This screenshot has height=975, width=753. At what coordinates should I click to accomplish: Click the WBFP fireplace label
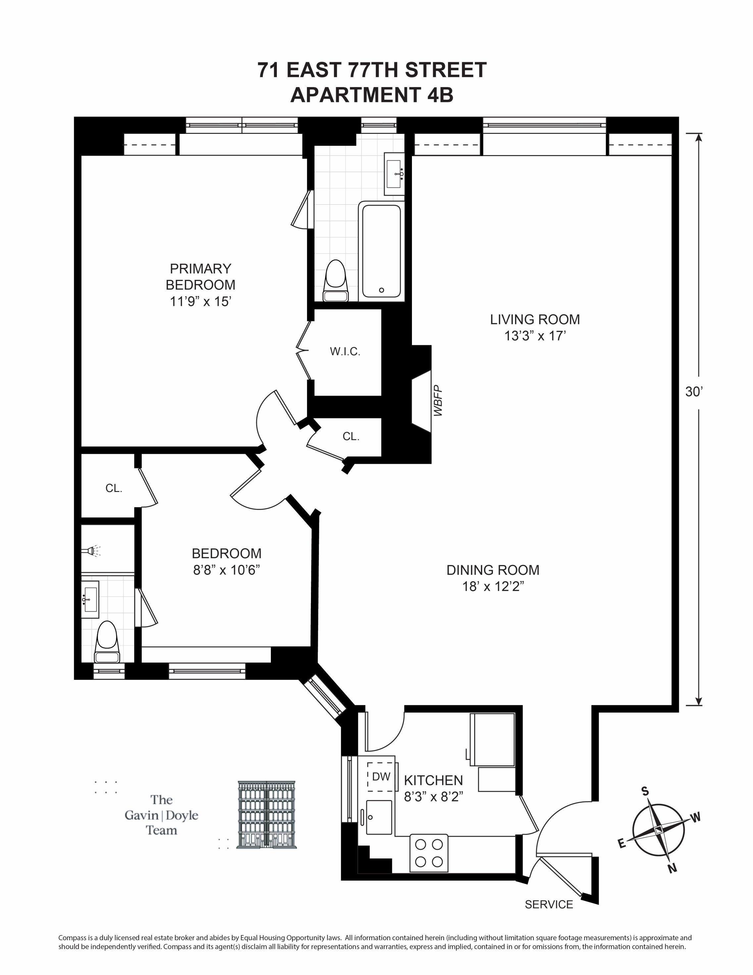pyautogui.click(x=438, y=401)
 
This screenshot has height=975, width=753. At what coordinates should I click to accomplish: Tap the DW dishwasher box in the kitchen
pyautogui.click(x=381, y=777)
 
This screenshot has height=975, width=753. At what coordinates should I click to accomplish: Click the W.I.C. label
pyautogui.click(x=345, y=352)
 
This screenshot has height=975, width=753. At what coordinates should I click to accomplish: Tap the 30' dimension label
pyautogui.click(x=694, y=392)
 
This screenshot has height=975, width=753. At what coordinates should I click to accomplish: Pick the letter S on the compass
pyautogui.click(x=645, y=791)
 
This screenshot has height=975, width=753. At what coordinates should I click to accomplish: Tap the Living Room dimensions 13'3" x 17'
pyautogui.click(x=535, y=336)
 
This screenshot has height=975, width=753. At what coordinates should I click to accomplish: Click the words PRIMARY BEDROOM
pyautogui.click(x=200, y=277)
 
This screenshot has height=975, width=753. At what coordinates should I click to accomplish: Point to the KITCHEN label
pyautogui.click(x=433, y=780)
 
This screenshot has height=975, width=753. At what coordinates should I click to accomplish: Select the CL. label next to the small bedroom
pyautogui.click(x=114, y=488)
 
